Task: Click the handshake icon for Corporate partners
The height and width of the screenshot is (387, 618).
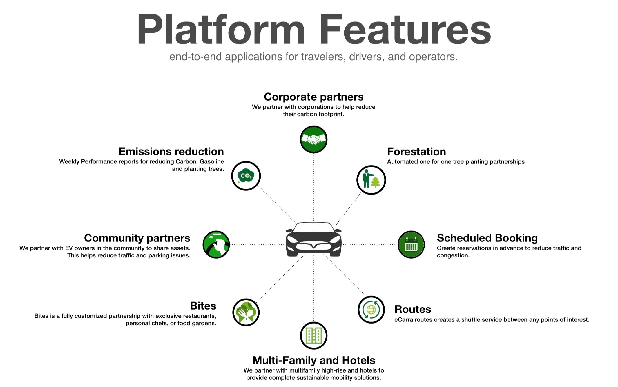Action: [x=313, y=139]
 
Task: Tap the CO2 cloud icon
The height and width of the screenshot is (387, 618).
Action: [x=246, y=176]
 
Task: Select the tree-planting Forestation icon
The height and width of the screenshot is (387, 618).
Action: [x=371, y=180]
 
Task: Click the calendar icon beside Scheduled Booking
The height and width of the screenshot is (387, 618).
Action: [x=411, y=245]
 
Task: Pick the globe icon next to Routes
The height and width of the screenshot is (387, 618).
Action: [x=371, y=310]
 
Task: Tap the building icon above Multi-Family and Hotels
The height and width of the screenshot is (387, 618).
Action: [x=313, y=336]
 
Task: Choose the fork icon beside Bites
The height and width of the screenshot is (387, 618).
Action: [x=246, y=312]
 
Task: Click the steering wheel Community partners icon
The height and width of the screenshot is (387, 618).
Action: [x=216, y=245]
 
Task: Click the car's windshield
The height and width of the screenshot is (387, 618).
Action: [x=313, y=228]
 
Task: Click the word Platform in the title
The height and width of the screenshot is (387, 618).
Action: [x=220, y=30]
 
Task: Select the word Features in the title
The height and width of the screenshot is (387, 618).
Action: [x=405, y=30]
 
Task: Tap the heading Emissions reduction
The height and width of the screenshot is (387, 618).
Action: [x=171, y=152]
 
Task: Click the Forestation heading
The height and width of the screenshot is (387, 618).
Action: [x=416, y=152]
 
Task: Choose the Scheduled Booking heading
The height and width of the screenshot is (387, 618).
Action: [x=487, y=238]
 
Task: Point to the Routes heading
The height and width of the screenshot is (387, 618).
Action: [x=413, y=309]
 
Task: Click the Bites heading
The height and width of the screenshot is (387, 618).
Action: [x=203, y=306]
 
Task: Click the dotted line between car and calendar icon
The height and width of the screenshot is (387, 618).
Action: [x=370, y=244]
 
